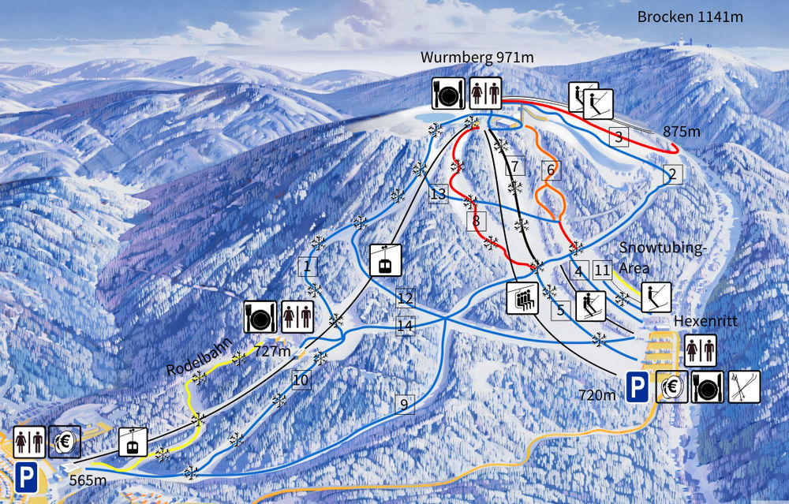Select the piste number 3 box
[x=619, y=137]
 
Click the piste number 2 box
[x=672, y=174]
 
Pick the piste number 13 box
[x=439, y=194]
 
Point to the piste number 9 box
[x=404, y=405]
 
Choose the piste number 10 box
[x=300, y=380]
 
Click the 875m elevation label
[x=682, y=133]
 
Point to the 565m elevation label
[x=88, y=479]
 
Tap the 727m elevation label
[x=272, y=350]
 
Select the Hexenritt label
[x=699, y=322]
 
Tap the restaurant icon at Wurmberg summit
[x=447, y=94]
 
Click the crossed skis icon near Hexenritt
[x=744, y=386]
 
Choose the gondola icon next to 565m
[x=133, y=442]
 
